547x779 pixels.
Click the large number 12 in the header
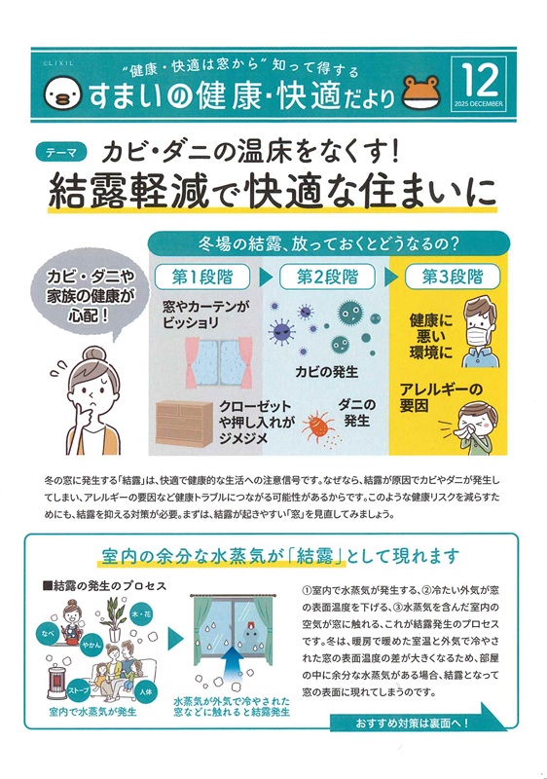476,79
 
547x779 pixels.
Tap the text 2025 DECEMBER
476,103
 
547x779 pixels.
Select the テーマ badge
61,152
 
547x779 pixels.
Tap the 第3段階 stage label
452,276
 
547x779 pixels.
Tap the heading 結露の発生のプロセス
107,587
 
